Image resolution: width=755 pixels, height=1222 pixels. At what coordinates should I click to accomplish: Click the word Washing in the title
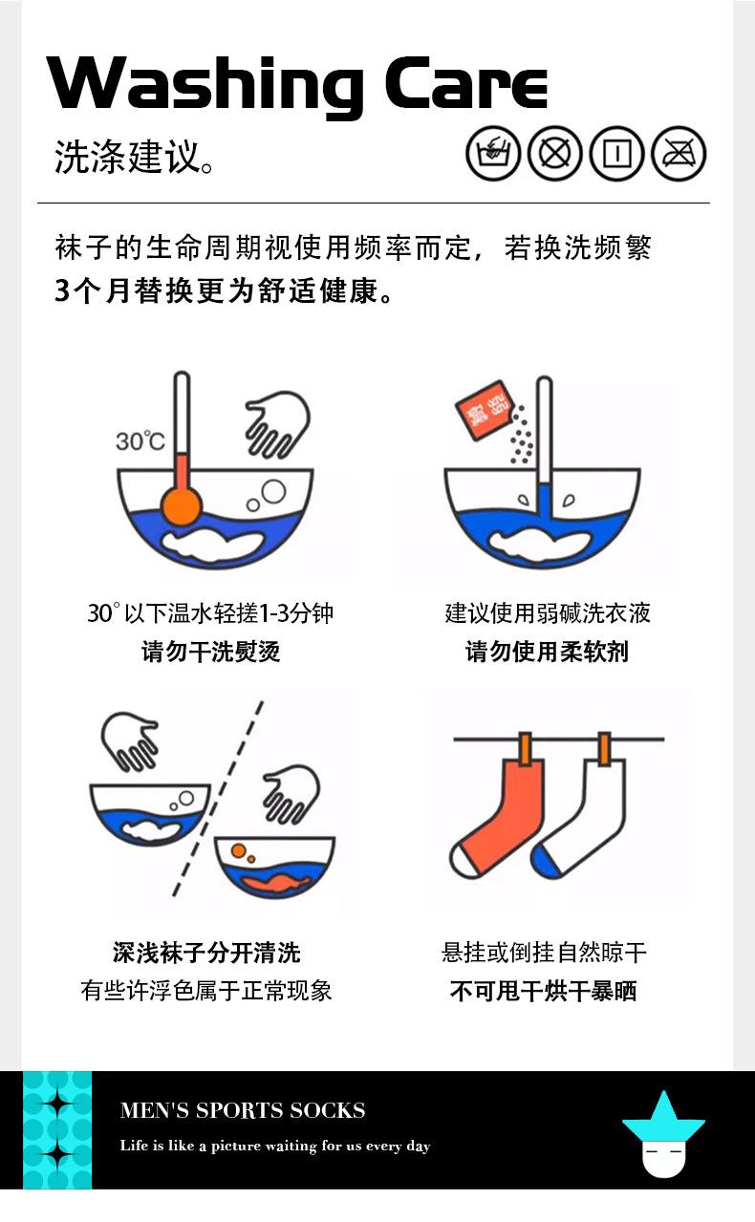click(205, 87)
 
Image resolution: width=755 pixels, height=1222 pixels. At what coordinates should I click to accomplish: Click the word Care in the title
click(466, 83)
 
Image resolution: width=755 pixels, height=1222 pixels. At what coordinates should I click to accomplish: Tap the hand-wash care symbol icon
click(493, 153)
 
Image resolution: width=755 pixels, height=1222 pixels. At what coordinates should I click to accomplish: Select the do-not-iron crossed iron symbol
click(679, 153)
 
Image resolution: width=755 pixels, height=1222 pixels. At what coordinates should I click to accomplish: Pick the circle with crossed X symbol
click(555, 153)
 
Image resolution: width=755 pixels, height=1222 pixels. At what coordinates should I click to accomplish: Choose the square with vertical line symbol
click(617, 153)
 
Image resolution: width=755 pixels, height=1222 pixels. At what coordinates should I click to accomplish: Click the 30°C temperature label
click(140, 440)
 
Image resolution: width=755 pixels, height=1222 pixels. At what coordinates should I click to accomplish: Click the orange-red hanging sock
click(499, 813)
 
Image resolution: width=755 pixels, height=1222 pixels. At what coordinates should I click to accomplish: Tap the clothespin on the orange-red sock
click(526, 748)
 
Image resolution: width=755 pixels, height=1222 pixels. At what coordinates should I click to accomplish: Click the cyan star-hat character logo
click(663, 1135)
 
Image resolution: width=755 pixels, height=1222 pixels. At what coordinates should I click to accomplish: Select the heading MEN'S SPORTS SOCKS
click(243, 1111)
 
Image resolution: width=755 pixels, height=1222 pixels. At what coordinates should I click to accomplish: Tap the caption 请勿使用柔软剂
click(547, 652)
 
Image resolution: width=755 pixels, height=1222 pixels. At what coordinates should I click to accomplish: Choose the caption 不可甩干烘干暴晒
click(544, 991)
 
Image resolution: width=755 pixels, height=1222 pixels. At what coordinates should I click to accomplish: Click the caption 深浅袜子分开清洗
click(206, 953)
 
